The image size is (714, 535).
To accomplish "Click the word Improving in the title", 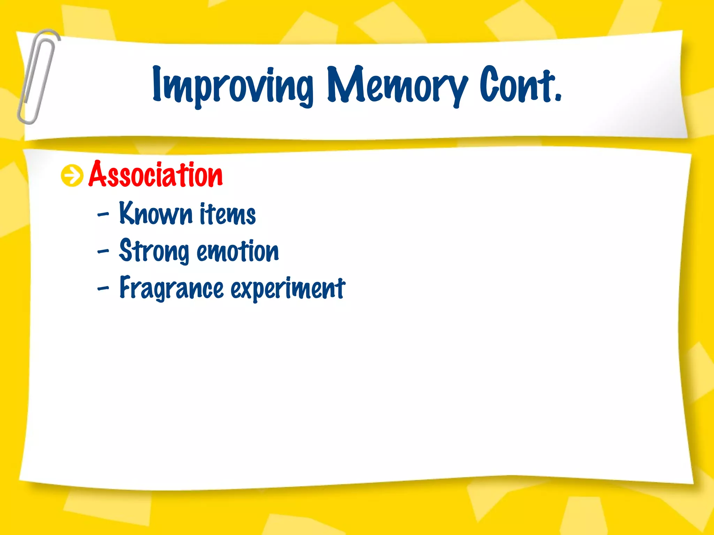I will [x=233, y=85].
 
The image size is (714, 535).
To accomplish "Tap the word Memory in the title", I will [x=397, y=85].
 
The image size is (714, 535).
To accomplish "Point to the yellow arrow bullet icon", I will [x=72, y=176].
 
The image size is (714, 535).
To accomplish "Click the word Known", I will [x=155, y=213].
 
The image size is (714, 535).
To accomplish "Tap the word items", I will [x=228, y=214].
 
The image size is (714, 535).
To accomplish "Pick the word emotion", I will [x=238, y=251].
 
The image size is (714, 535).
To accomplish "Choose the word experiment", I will [x=288, y=288].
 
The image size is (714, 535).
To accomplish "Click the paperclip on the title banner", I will [x=37, y=77].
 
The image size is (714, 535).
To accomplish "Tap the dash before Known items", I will [x=103, y=214].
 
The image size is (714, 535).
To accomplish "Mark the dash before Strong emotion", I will [x=103, y=251].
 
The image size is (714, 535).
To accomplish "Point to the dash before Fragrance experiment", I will [x=103, y=288].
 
